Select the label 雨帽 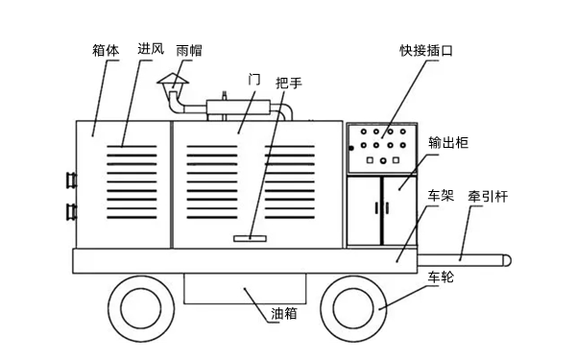(189, 49)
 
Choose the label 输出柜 (448, 143)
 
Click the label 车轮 (441, 278)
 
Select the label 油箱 (285, 313)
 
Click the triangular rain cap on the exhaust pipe (174, 81)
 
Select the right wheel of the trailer (358, 308)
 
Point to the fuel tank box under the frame (245, 287)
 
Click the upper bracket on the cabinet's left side (70, 180)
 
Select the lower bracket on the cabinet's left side (70, 210)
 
